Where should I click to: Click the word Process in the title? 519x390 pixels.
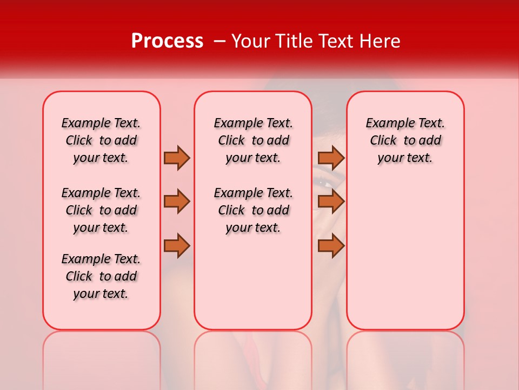(167, 41)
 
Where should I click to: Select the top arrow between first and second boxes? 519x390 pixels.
(177, 158)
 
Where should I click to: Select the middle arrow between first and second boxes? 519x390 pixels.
(177, 201)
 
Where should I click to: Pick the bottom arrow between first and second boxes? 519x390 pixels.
(177, 245)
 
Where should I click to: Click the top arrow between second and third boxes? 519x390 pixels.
(331, 158)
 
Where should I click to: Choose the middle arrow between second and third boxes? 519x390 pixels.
(331, 201)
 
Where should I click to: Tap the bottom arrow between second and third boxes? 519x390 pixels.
(331, 245)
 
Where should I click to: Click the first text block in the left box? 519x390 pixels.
(101, 140)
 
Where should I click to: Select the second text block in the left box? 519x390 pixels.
(101, 210)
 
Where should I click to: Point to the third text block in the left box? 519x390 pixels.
(101, 276)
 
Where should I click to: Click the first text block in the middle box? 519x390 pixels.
(253, 140)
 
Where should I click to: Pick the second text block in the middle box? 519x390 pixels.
(253, 210)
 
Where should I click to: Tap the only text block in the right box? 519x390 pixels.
(405, 140)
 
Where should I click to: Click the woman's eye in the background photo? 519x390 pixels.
(325, 183)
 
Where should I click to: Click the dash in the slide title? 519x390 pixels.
(219, 42)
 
